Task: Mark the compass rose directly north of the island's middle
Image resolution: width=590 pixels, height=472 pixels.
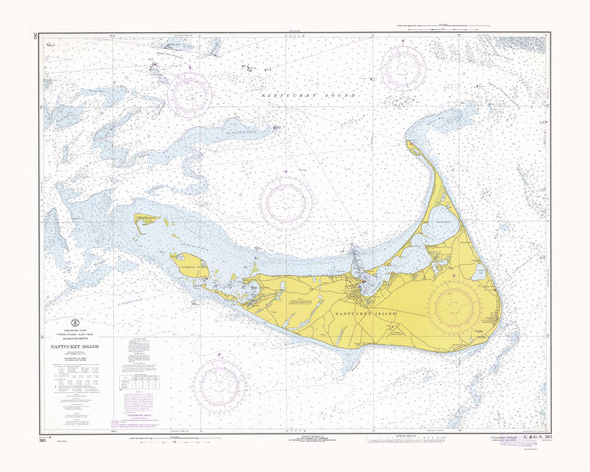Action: pos(286,203)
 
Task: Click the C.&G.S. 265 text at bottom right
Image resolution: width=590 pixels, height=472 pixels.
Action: pos(531,433)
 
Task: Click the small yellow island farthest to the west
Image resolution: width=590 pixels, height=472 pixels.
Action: pos(145,219)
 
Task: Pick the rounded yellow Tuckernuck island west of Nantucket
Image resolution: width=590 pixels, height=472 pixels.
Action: pos(189,264)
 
